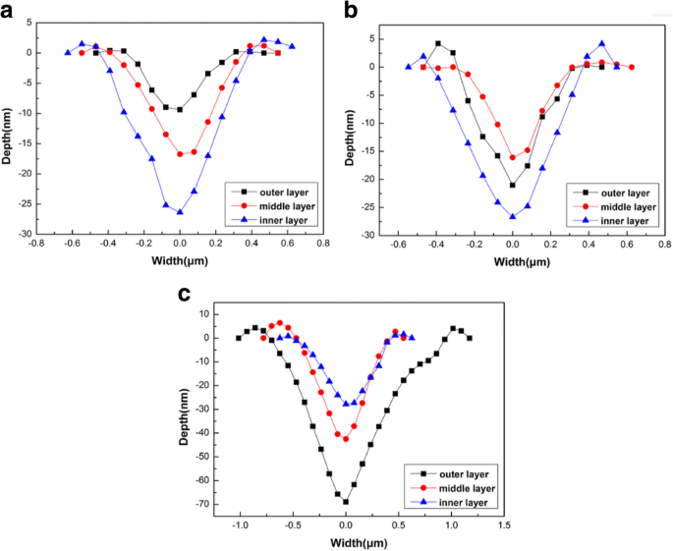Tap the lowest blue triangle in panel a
180,212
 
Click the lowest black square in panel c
346,502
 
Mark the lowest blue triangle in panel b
513,216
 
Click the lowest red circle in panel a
180,154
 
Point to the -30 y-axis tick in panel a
19,235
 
